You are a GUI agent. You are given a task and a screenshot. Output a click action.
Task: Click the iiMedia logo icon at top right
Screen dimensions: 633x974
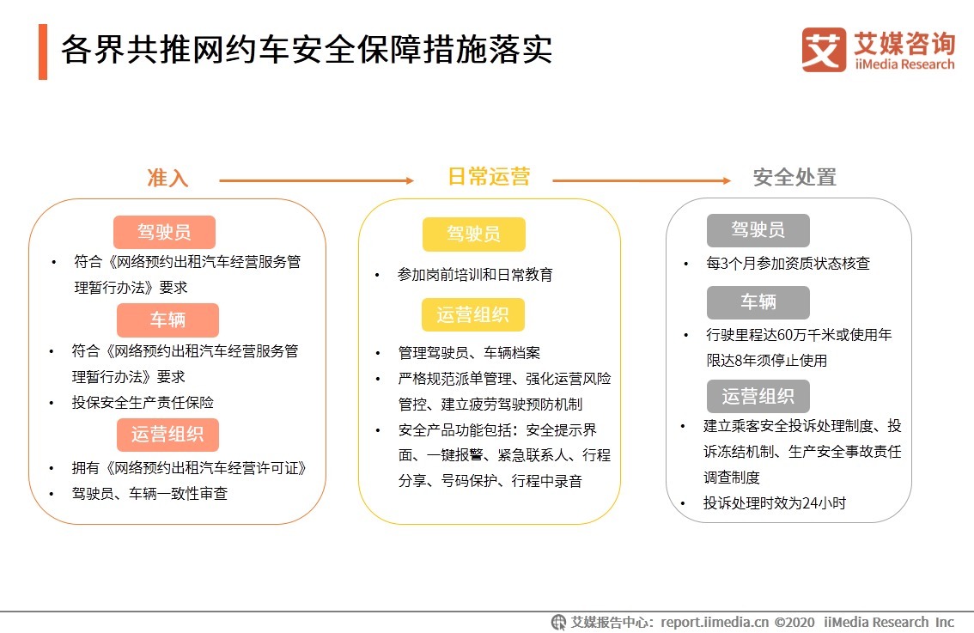pos(824,50)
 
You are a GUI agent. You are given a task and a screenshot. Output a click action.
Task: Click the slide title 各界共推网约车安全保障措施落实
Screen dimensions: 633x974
pos(306,51)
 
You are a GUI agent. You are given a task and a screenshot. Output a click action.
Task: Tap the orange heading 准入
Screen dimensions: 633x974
pos(167,178)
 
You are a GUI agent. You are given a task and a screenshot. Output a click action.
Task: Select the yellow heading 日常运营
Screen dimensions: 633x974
pos(489,177)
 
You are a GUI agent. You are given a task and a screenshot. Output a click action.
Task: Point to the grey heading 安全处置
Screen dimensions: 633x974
pos(794,178)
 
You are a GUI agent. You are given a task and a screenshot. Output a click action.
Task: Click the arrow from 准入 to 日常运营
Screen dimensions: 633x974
pos(316,180)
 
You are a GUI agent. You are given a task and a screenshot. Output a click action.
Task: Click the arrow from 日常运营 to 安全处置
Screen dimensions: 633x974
pos(641,180)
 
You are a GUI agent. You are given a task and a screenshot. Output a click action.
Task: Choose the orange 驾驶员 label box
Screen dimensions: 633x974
pos(164,232)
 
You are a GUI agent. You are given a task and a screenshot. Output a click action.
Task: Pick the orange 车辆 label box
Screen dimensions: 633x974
pos(167,320)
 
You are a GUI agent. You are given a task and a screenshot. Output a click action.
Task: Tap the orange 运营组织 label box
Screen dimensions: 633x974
pos(167,435)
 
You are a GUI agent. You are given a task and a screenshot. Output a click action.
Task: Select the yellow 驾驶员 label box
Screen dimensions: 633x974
pos(473,234)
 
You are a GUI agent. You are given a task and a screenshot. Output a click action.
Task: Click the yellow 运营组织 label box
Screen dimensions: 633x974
pos(472,314)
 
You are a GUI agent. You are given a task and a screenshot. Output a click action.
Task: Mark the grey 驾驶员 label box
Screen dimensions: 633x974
pos(758,230)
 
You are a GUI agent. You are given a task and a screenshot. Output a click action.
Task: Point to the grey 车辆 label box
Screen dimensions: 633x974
pos(758,302)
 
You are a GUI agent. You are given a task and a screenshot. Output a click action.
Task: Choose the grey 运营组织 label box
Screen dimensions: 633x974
pos(758,396)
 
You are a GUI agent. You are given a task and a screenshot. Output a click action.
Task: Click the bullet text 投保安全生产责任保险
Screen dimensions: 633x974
pos(143,402)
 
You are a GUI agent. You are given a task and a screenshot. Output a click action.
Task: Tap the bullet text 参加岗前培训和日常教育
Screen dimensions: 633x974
pos(475,275)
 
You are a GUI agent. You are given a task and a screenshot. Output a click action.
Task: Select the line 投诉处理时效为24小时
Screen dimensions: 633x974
pos(774,503)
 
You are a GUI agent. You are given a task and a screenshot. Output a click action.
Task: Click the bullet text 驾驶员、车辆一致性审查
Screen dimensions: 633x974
pos(149,494)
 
